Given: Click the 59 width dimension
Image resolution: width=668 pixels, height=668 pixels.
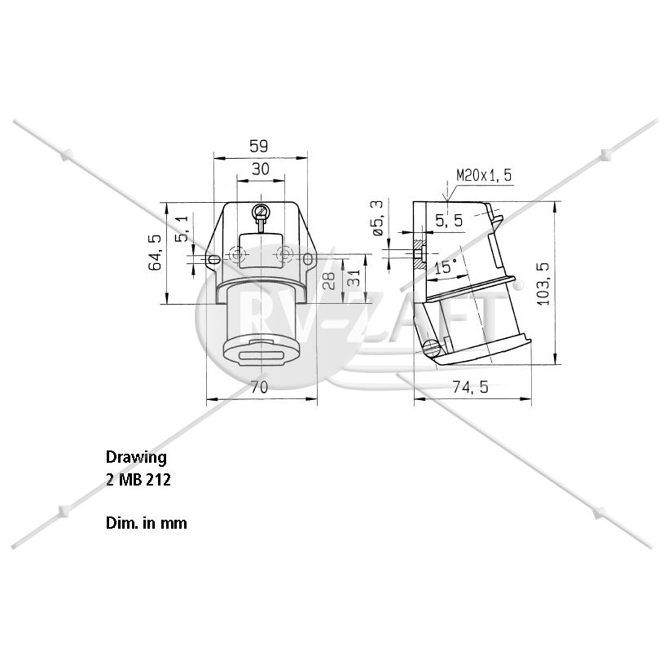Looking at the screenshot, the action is point(258,146).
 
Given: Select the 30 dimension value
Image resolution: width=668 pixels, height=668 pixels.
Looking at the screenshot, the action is point(261,169).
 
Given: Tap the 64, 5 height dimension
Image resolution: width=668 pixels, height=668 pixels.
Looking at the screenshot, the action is point(155,253).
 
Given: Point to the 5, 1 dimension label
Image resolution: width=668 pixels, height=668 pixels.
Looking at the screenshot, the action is point(182,229).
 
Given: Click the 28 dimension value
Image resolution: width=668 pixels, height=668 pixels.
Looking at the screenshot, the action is point(329,281).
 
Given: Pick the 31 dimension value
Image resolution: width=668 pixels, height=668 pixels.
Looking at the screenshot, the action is point(354,278).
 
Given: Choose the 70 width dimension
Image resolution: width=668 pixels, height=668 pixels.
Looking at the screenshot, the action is point(259,387).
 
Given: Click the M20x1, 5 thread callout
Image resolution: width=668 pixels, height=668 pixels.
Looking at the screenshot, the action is point(484,175).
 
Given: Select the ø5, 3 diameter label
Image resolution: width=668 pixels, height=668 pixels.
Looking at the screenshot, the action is point(378,218).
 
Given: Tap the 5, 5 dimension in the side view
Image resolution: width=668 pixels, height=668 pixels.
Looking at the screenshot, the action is point(449,221).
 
